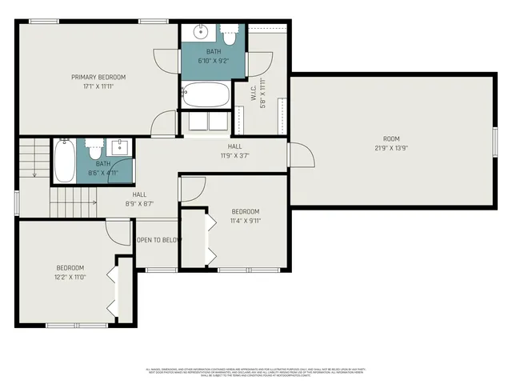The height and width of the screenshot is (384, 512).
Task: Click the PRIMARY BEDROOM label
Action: [98, 77]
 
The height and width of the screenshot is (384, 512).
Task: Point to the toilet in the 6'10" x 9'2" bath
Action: [229, 36]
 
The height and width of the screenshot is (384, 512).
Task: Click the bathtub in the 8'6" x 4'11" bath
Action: [65, 162]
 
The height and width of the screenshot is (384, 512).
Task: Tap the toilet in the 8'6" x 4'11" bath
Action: [94, 148]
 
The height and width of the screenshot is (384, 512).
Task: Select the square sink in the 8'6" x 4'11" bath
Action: [121, 148]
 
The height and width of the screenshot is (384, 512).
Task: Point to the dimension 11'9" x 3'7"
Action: [234, 156]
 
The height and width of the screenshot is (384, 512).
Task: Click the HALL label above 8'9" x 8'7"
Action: [139, 194]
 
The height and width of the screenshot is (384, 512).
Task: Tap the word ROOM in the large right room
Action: [391, 138]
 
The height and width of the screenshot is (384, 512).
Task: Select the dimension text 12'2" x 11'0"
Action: [70, 277]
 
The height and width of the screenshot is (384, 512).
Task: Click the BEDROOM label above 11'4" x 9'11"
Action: [246, 211]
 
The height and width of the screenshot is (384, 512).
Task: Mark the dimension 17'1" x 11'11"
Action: [98, 86]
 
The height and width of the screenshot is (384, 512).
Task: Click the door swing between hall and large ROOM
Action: [294, 155]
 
